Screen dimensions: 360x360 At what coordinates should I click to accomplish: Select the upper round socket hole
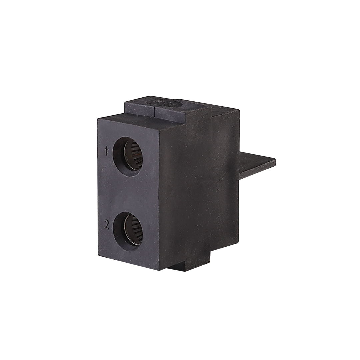[x=128, y=157]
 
